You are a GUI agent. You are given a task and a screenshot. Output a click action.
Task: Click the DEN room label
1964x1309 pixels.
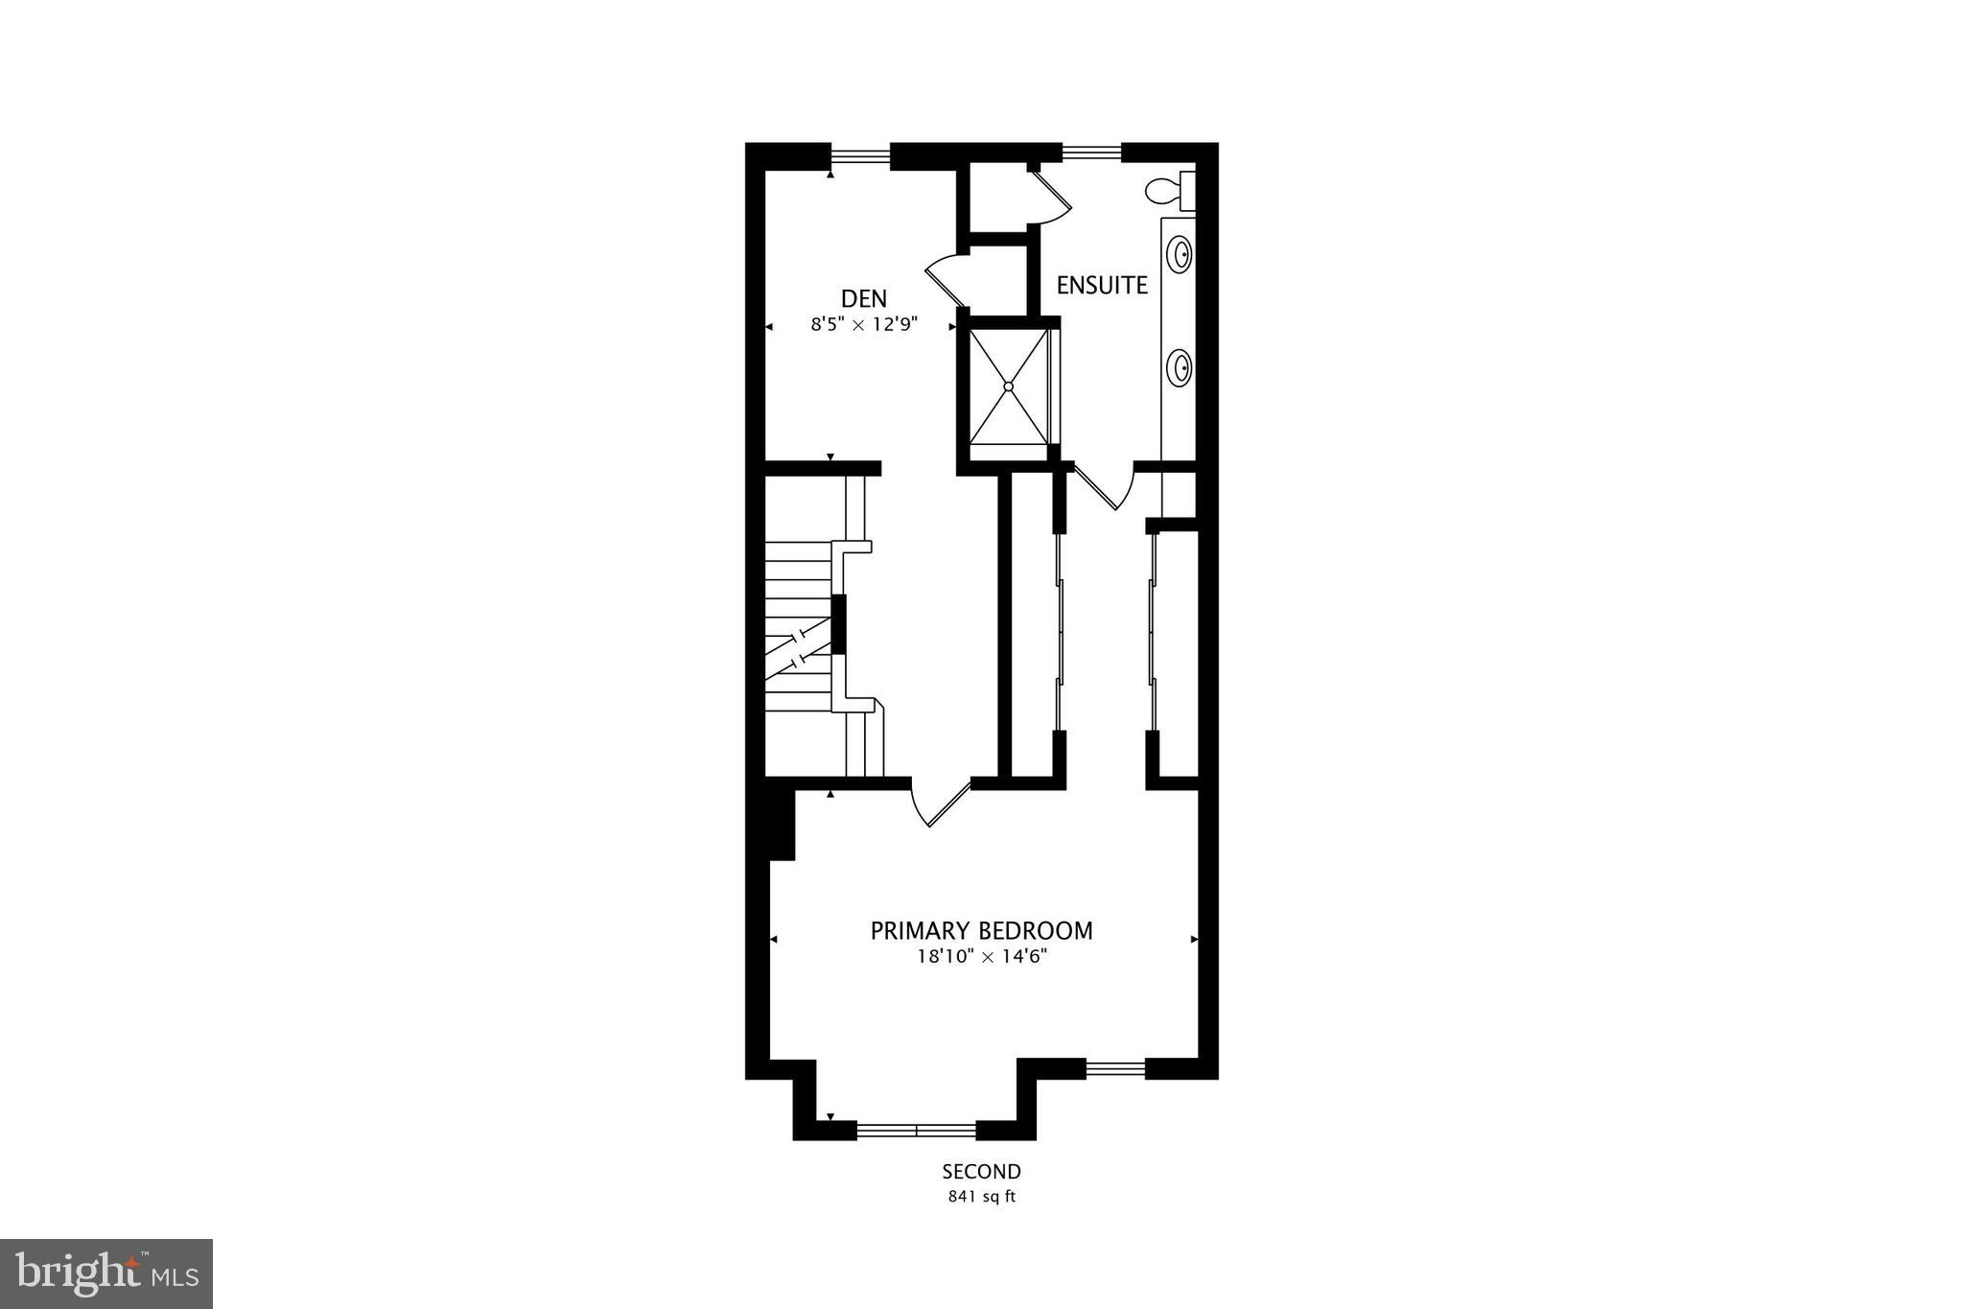[x=864, y=298]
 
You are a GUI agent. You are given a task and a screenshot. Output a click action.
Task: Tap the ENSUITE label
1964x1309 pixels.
[x=1102, y=285]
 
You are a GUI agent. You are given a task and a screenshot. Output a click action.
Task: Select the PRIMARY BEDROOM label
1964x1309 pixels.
[x=981, y=930]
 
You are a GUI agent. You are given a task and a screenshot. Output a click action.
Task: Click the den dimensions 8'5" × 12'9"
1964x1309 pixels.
[x=864, y=325]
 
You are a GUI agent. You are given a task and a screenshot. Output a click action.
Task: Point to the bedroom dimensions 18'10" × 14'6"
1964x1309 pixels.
[x=981, y=956]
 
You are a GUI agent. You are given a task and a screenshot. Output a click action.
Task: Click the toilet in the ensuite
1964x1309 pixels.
[x=1168, y=191]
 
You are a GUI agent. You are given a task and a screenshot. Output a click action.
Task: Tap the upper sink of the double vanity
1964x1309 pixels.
[x=1180, y=255]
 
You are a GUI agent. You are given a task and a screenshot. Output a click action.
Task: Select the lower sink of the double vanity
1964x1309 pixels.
[x=1180, y=366]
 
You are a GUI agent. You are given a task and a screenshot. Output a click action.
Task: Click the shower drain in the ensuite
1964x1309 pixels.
[x=1008, y=386]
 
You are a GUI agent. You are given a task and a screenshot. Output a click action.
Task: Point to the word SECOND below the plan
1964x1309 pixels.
[x=981, y=1172]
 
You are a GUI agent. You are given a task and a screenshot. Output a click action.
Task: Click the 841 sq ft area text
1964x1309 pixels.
[x=981, y=1197]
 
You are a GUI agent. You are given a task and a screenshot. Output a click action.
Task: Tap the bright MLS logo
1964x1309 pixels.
[x=106, y=1274]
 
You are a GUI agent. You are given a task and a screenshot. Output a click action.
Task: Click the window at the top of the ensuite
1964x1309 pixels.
[x=1091, y=152]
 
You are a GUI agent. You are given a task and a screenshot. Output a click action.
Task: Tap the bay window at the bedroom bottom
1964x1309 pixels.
[x=916, y=1131]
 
